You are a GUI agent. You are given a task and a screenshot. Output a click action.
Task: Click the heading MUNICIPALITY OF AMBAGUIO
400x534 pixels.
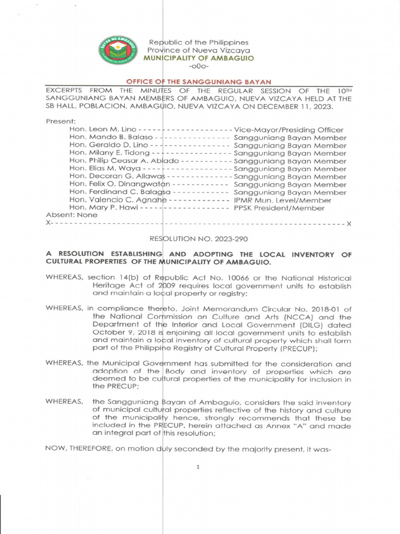[x=199, y=58]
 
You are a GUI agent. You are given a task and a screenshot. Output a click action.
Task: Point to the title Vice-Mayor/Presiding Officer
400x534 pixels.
[x=289, y=129]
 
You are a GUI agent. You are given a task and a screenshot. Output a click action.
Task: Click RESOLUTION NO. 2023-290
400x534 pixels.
[x=198, y=239]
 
